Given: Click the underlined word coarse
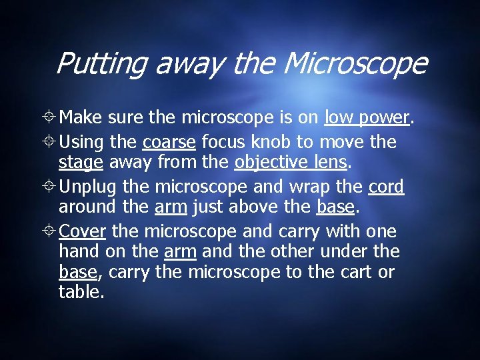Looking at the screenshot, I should coord(169,142).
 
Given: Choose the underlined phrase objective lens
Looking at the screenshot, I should coord(290,163).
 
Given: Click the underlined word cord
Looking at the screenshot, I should coord(386,187).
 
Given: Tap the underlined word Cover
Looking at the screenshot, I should coord(83,231).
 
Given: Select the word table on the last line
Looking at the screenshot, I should coord(80,291).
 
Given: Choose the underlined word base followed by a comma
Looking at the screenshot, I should coord(78,272).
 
